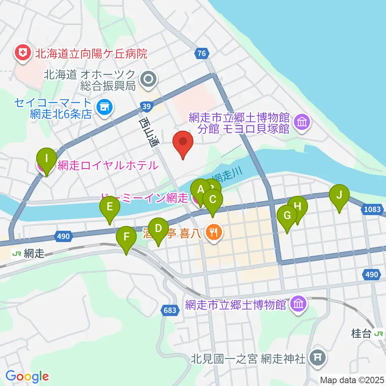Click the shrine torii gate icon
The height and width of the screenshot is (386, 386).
click(x=318, y=357)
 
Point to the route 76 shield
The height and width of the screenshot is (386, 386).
click(x=202, y=53)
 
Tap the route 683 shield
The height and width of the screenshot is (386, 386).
click(x=170, y=310)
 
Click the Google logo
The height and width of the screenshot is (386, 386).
click(x=27, y=376)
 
